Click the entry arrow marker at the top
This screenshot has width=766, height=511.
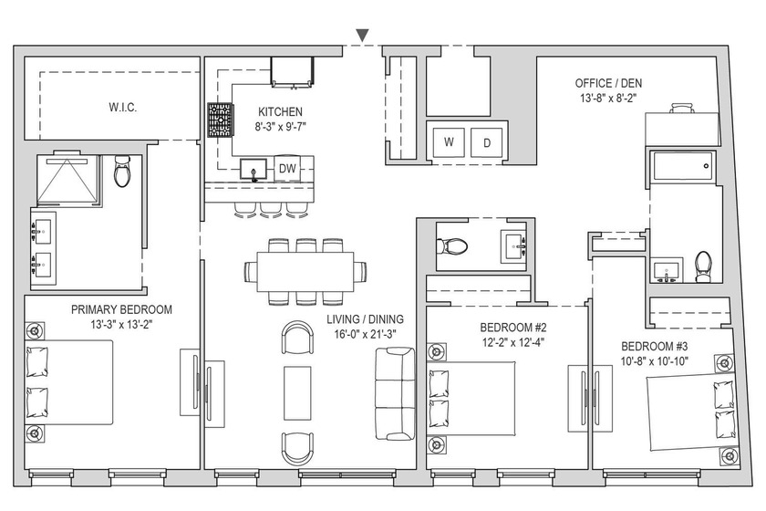point(362,36)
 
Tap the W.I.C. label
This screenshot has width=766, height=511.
point(122,107)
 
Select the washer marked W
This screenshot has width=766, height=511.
point(449,142)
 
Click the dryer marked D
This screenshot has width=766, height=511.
point(487,142)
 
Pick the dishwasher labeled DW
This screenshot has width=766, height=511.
point(287,169)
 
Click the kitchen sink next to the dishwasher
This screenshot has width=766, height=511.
point(254,169)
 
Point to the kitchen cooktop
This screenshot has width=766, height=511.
point(221,120)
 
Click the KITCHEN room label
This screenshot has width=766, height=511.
point(280,111)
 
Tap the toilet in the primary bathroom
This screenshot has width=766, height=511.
point(121,171)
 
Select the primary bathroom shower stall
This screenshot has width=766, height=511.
point(69,180)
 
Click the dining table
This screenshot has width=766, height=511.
point(305,271)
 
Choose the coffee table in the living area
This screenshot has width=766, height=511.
point(297,392)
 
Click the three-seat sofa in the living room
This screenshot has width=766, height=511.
point(395,393)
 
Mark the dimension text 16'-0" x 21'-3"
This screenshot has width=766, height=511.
point(361,335)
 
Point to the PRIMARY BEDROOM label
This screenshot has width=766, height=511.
point(121,309)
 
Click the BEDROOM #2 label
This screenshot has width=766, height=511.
point(512,328)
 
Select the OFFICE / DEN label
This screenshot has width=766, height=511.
point(608,83)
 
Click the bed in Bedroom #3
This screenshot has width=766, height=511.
point(691,412)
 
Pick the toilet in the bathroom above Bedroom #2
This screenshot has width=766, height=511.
point(452,246)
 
